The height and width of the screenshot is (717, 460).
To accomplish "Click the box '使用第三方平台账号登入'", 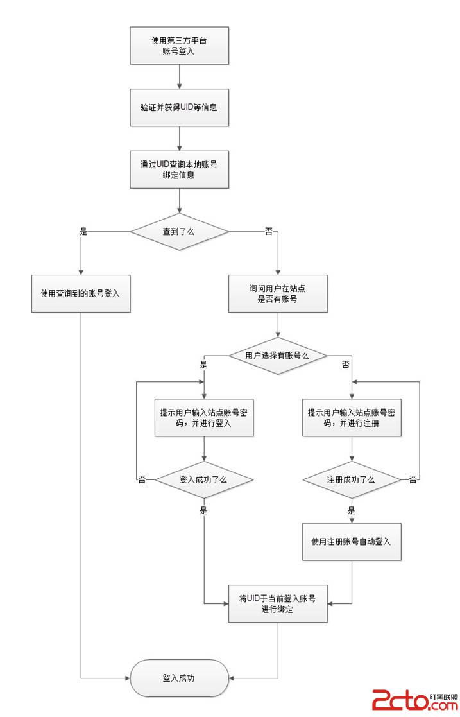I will (x=179, y=46).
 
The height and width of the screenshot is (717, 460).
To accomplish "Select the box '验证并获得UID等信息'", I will (x=179, y=107).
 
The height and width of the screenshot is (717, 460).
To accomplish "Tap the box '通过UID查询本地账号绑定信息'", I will (x=179, y=169).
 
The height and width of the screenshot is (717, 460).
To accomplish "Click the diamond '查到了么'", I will (x=179, y=231).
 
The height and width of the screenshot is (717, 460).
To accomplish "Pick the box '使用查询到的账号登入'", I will (x=81, y=294).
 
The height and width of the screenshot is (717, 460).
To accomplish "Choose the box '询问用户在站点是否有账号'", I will (x=278, y=294).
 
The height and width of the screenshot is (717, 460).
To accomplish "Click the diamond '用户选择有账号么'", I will (x=278, y=355).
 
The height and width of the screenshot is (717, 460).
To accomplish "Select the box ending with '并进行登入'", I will (x=204, y=418).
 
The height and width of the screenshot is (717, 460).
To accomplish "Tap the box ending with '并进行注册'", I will (x=352, y=418).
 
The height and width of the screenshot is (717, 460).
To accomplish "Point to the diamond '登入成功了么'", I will (x=204, y=479).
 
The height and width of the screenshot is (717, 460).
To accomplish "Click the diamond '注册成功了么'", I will (x=352, y=479).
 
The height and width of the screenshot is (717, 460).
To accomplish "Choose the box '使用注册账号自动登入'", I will (x=352, y=541).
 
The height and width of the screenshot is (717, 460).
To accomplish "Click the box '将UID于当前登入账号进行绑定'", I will (x=278, y=603).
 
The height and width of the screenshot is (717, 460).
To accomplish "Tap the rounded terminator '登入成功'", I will (x=179, y=678).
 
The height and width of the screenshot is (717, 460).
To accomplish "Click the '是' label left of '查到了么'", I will (x=83, y=231).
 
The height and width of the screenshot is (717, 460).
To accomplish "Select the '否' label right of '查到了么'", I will (x=269, y=231).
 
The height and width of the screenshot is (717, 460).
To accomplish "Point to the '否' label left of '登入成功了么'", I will (x=142, y=479).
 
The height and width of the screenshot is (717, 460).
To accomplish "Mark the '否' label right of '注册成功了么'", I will (x=413, y=479).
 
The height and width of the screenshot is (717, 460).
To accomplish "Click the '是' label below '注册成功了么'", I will (x=352, y=511).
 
